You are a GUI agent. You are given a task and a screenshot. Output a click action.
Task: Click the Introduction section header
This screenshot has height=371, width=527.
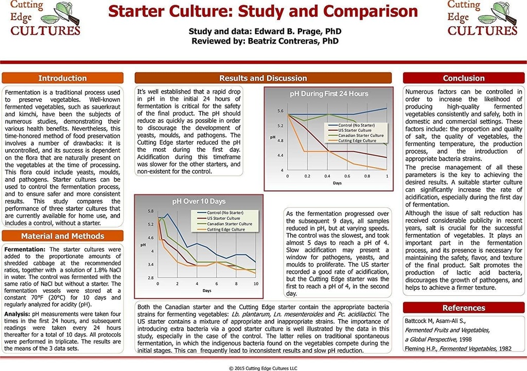point(62,78)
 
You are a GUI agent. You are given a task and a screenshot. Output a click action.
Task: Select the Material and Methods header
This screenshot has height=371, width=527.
point(62,236)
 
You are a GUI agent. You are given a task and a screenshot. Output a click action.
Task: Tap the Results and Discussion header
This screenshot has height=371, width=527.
point(263,78)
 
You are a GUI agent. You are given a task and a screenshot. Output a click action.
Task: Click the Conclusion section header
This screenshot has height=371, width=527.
point(464,78)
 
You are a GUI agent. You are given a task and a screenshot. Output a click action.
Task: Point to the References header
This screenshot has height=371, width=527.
point(464,308)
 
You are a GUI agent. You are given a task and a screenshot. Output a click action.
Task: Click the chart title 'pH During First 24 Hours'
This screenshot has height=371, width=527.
point(329,94)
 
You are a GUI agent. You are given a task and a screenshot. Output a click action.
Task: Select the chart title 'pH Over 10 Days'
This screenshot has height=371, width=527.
point(199,201)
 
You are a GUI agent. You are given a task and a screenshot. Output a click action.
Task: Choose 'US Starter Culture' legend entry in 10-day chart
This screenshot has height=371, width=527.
point(223,218)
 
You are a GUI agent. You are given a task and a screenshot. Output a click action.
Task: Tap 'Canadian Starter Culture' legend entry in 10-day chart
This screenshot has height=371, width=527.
point(229,224)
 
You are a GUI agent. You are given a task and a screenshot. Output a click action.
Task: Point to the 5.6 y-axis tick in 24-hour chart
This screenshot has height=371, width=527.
point(280,111)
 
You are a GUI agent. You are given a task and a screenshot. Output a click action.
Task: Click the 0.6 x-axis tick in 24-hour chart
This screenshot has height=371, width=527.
point(347,176)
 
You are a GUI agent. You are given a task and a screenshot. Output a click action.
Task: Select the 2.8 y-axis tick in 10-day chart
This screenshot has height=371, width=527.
point(150,278)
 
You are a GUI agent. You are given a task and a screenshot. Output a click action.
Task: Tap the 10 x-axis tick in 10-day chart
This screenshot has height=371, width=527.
point(256,284)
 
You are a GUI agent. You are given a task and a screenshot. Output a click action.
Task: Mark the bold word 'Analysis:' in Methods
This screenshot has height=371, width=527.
point(19,313)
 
